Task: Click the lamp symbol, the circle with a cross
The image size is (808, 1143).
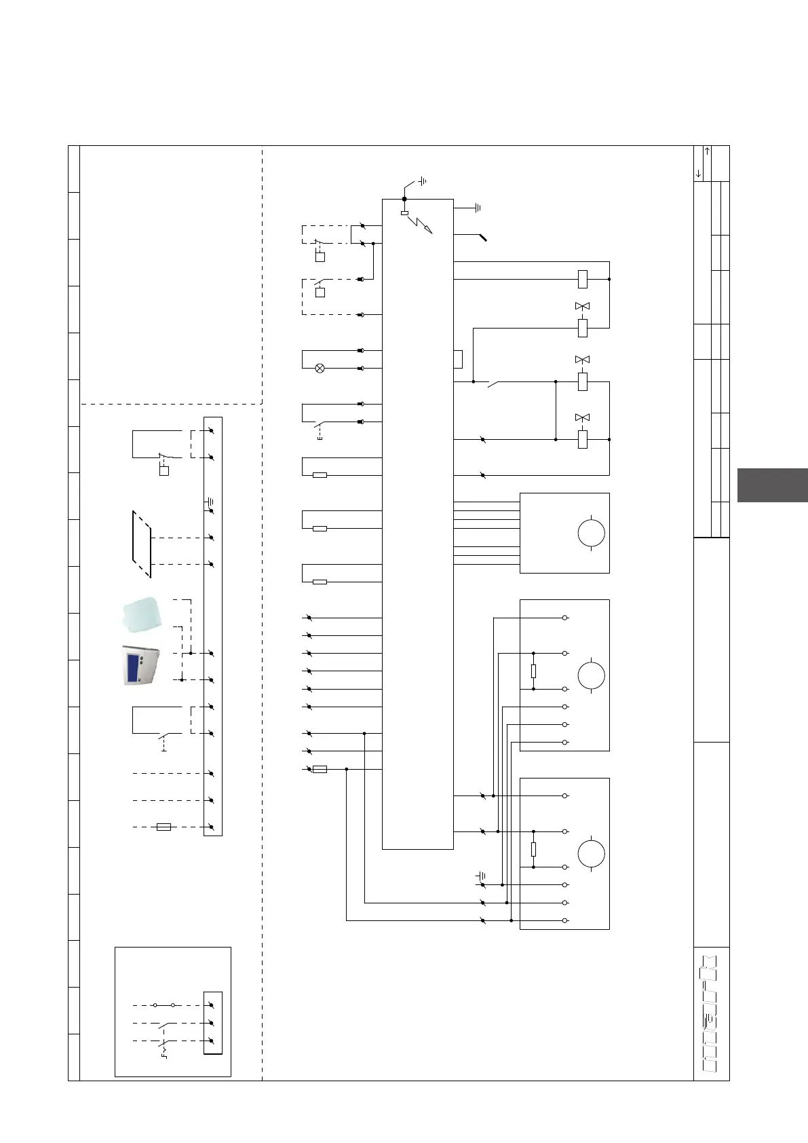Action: tap(320, 369)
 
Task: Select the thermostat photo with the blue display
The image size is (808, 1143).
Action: tap(141, 665)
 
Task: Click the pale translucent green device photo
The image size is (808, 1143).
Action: tap(141, 614)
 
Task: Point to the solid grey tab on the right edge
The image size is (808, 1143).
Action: tap(772, 485)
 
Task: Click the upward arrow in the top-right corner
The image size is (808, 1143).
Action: tap(708, 151)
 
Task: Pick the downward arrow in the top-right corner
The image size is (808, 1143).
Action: tap(699, 174)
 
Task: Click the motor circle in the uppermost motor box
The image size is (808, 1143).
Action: tap(591, 533)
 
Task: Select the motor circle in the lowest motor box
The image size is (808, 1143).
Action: tap(591, 854)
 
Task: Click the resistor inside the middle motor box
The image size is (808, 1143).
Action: tap(534, 671)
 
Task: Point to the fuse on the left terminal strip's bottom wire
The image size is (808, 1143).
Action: tap(163, 827)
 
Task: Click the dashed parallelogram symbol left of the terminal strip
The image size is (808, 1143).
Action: tap(142, 544)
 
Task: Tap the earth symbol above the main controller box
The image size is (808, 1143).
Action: tap(422, 181)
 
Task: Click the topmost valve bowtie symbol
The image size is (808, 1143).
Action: tap(582, 307)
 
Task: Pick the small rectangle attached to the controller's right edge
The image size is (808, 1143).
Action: tap(458, 359)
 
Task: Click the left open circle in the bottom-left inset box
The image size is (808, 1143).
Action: tap(155, 1005)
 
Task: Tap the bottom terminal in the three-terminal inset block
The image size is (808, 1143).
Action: tap(212, 1041)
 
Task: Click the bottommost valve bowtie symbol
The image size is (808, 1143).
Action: tap(582, 417)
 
